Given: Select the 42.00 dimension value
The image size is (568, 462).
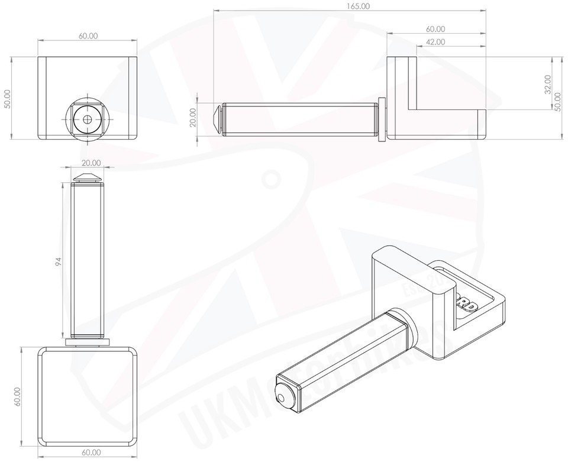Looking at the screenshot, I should pyautogui.click(x=435, y=42).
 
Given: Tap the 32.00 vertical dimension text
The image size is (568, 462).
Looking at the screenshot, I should pyautogui.click(x=547, y=84).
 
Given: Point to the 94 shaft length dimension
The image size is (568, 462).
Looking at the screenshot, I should pyautogui.click(x=58, y=261).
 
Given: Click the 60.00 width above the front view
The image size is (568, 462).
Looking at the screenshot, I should pyautogui.click(x=88, y=36).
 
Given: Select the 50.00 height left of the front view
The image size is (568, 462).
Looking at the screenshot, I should pyautogui.click(x=7, y=98).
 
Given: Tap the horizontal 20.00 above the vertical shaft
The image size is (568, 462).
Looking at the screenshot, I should pyautogui.click(x=91, y=163).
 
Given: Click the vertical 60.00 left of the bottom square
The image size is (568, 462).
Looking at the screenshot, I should pyautogui.click(x=17, y=396).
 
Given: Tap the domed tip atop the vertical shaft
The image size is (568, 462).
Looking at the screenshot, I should pyautogui.click(x=88, y=177).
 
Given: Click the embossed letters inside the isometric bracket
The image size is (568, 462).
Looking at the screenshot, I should pyautogui.click(x=467, y=303).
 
